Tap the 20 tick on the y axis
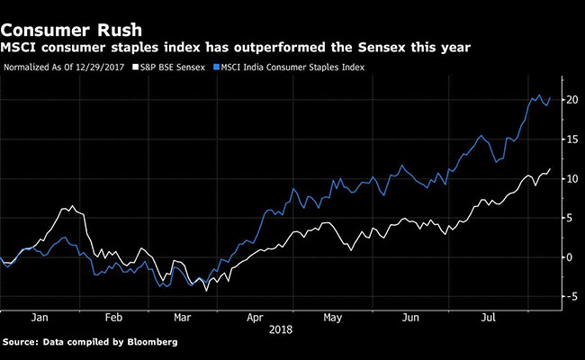click(x=571, y=100)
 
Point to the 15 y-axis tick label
click(x=571, y=139)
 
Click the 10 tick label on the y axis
click(x=571, y=178)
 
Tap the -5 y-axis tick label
click(x=571, y=296)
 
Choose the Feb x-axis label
click(x=112, y=317)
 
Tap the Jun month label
click(x=410, y=317)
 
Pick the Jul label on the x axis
click(x=486, y=317)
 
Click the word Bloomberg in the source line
click(x=149, y=343)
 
